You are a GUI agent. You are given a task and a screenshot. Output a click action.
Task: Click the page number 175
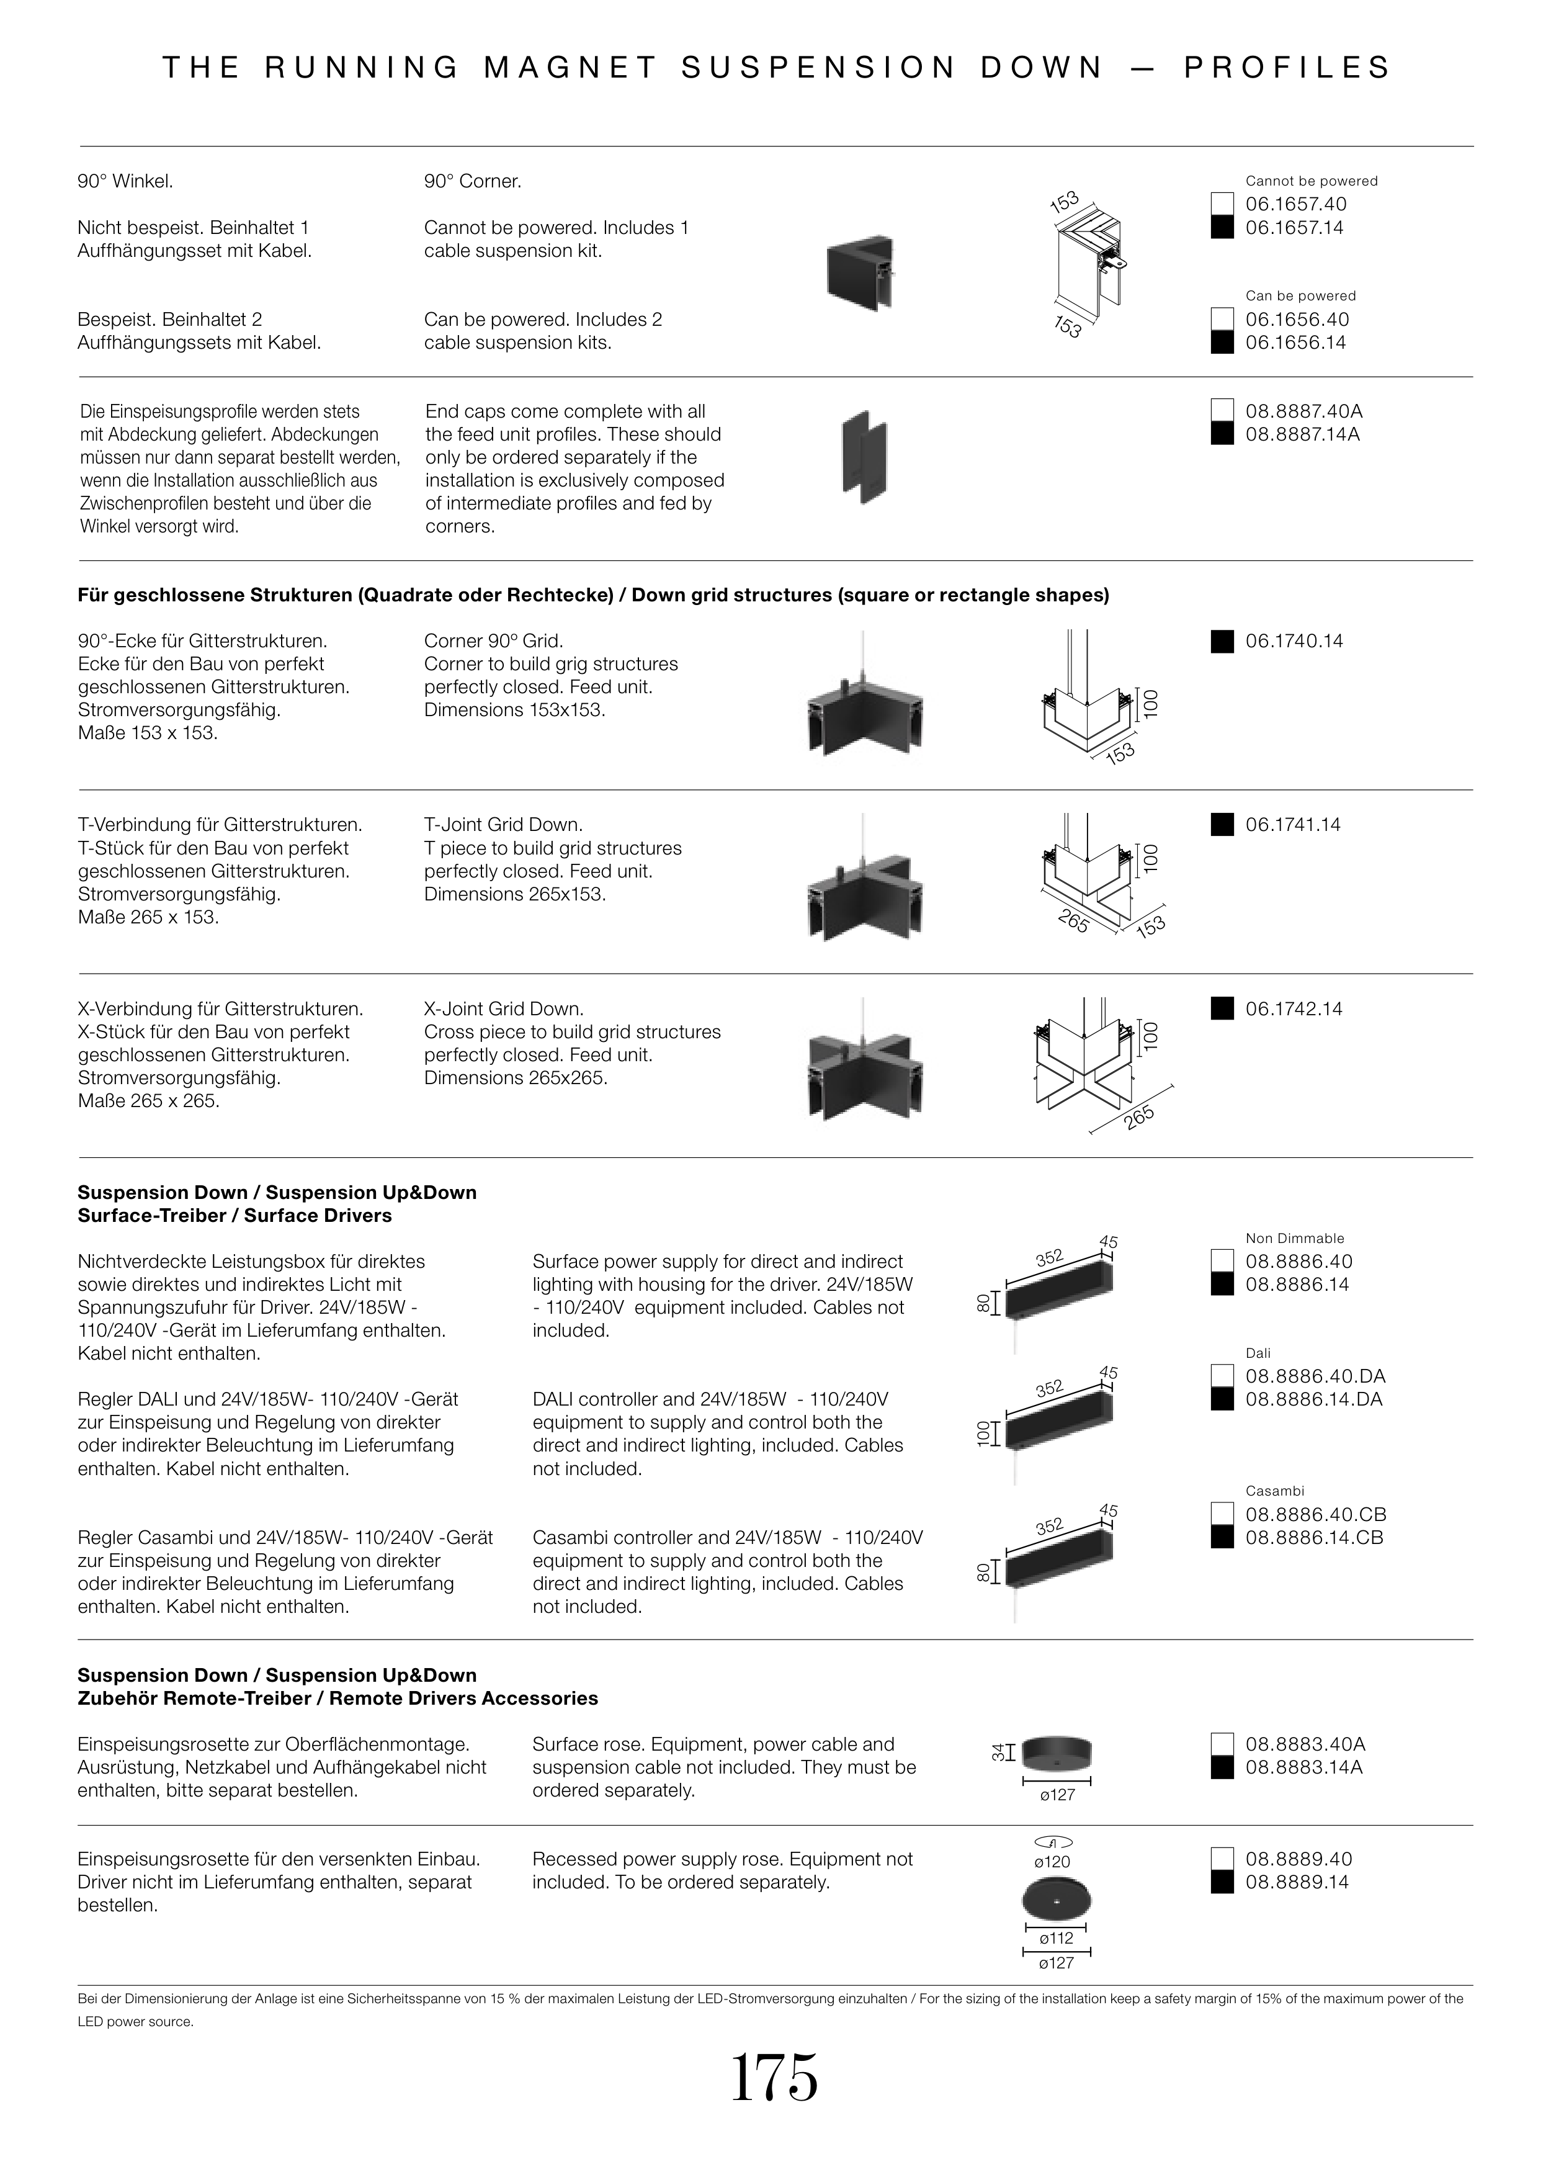click(774, 2078)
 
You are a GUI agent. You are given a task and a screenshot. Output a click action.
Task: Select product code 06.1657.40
click(1295, 204)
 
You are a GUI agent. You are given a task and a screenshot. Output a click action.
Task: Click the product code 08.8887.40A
click(1303, 411)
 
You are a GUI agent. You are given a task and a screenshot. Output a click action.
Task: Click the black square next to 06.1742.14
click(1222, 1008)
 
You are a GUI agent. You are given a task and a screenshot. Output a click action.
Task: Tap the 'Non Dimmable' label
click(1294, 1238)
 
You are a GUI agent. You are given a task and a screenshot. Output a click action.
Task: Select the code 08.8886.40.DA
click(1314, 1376)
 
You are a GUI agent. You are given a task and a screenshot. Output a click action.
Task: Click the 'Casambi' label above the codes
click(1274, 1491)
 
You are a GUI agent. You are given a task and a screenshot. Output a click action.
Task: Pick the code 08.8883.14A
click(1303, 1767)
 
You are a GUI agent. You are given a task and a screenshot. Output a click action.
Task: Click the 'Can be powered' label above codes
click(1300, 296)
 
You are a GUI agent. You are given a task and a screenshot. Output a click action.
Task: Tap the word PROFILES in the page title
click(1287, 68)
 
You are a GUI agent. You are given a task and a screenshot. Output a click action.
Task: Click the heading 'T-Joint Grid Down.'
click(503, 824)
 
